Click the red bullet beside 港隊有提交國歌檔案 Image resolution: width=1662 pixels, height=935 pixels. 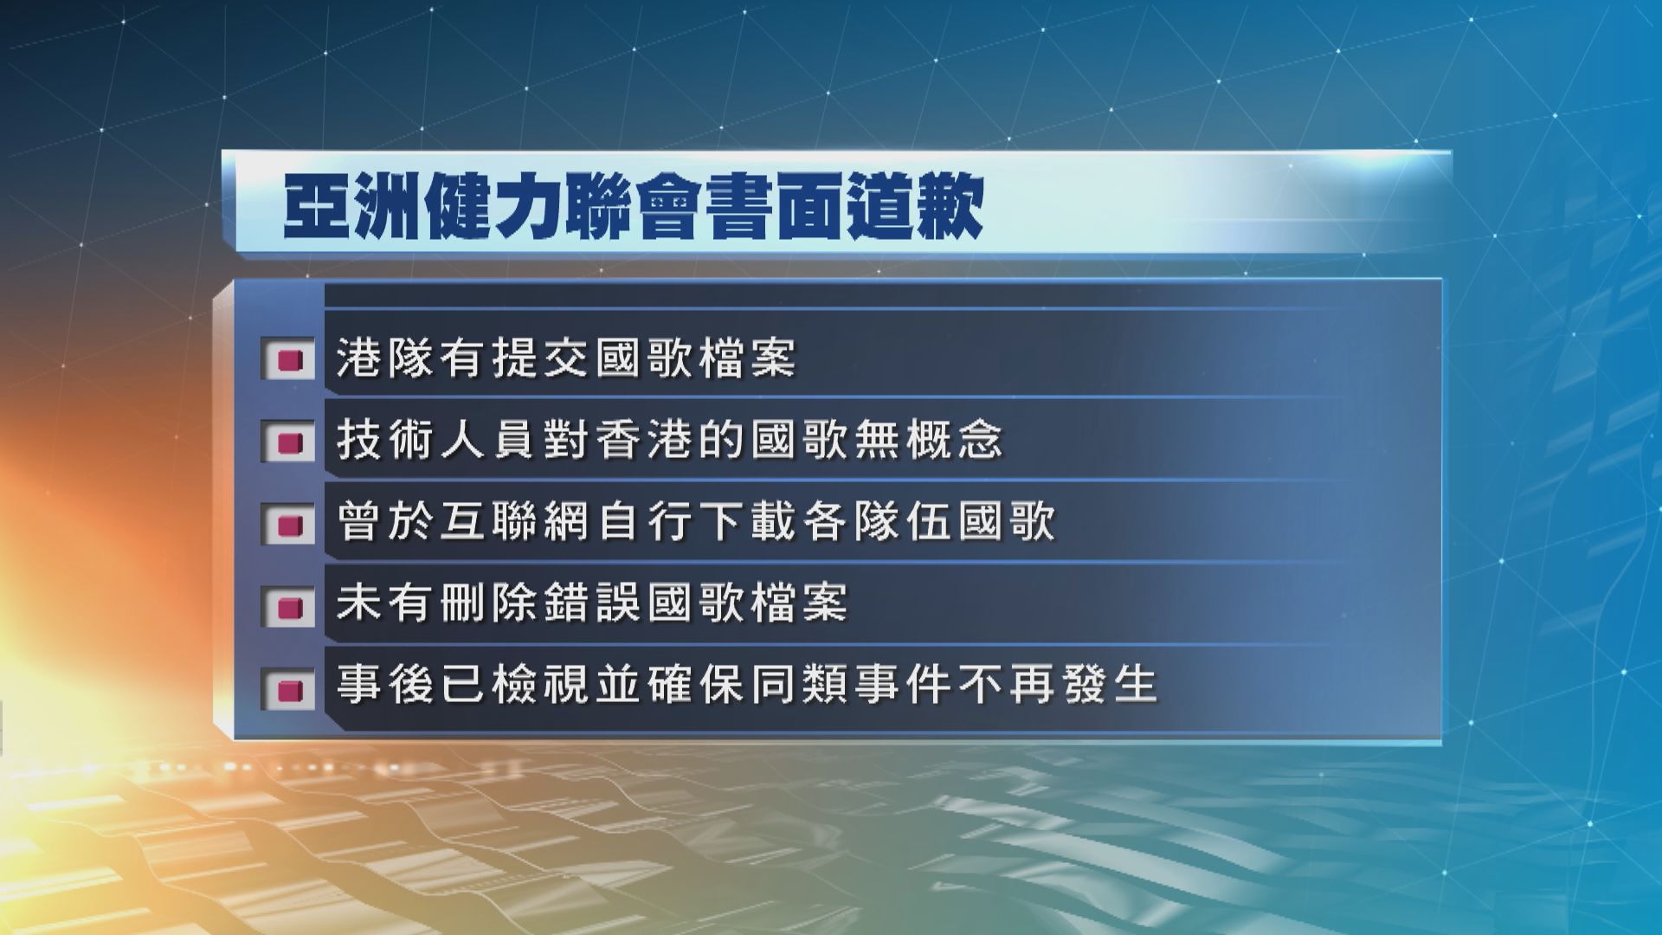290,359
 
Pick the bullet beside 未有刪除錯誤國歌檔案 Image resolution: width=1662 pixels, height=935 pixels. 290,606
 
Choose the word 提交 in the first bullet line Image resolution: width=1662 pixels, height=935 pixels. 540,358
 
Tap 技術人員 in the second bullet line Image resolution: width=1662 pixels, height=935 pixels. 436,441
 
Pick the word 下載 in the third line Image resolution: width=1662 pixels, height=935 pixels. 747,522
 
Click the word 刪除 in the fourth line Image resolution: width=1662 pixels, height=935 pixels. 488,604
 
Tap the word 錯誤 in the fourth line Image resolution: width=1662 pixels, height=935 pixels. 592,604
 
